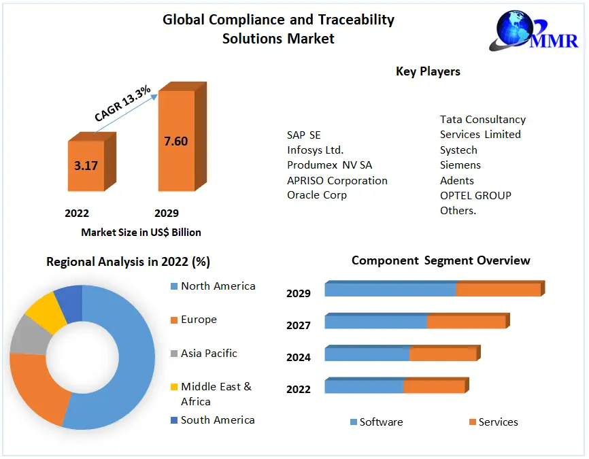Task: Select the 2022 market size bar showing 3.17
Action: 86,165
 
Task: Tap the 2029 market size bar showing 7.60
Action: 176,141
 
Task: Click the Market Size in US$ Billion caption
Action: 141,233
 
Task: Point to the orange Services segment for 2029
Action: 498,290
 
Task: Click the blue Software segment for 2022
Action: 364,386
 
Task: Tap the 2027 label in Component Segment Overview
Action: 299,326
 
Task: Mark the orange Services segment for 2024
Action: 442,354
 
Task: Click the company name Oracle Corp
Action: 317,195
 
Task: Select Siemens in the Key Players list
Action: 460,165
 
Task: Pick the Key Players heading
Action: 428,71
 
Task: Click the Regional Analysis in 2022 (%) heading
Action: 128,262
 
